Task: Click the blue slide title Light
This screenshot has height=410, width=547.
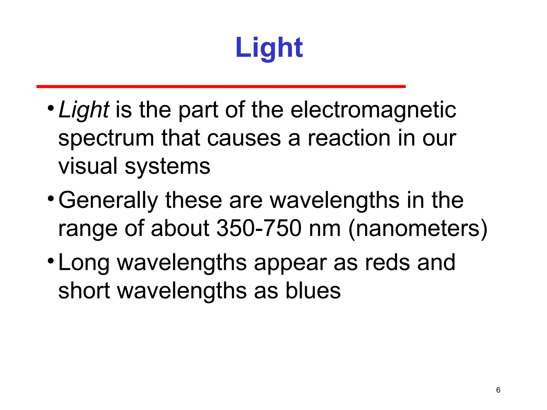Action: click(x=269, y=48)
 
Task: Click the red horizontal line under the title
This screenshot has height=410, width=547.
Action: click(x=221, y=86)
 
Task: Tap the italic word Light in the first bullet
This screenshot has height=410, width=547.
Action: click(x=83, y=110)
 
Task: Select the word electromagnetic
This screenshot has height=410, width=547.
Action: click(x=373, y=110)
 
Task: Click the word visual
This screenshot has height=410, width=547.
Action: click(x=88, y=166)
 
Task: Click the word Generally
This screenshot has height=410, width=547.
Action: click(x=108, y=201)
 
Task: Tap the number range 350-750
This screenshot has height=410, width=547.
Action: click(x=259, y=228)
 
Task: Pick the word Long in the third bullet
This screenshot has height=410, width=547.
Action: click(x=84, y=263)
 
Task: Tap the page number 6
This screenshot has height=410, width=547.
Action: click(x=498, y=390)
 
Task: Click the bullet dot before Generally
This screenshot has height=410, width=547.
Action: click(x=51, y=199)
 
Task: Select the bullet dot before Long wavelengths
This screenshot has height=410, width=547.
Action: click(x=51, y=261)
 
